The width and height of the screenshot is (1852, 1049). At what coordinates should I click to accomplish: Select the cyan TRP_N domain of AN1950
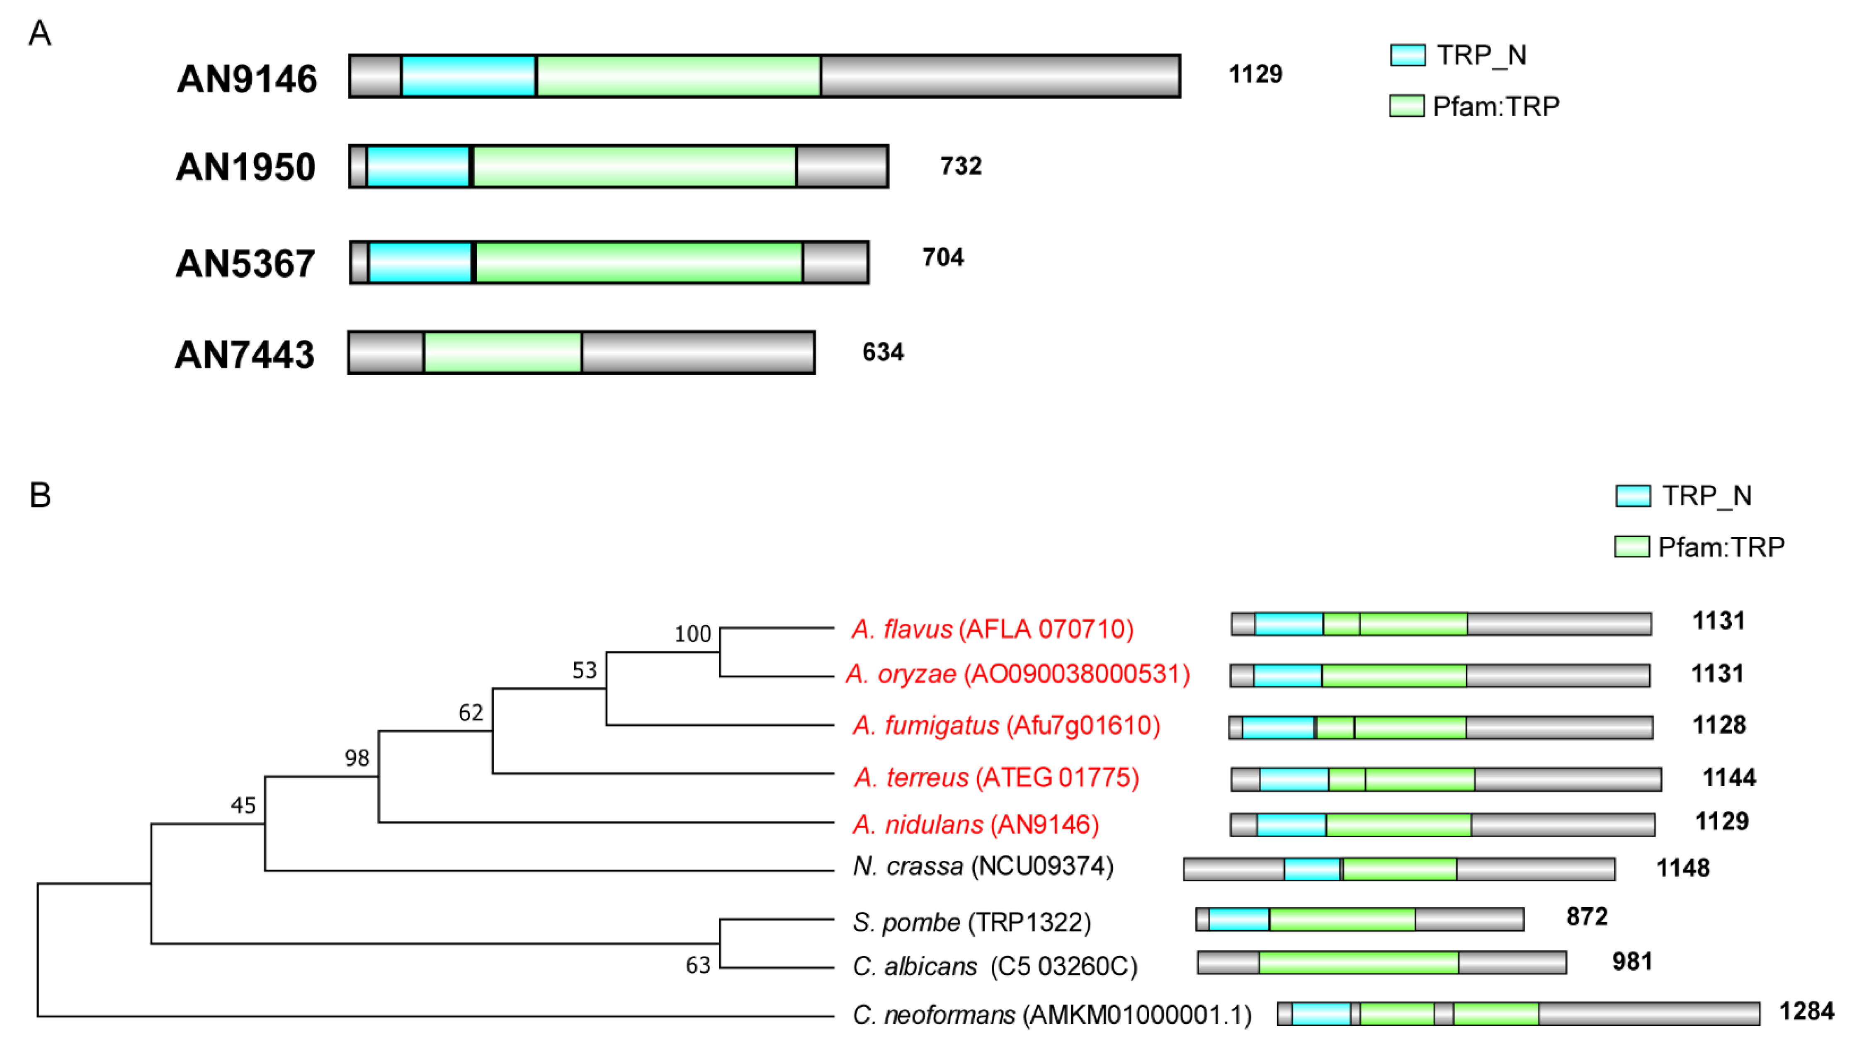tap(418, 167)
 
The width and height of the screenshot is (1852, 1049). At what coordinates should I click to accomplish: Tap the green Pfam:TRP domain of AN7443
tap(502, 352)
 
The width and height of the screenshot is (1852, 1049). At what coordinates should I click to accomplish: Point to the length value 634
tap(883, 352)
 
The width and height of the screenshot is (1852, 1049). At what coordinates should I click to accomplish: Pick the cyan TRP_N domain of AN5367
tap(420, 263)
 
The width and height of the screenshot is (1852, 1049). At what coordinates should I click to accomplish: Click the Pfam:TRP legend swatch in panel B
tap(1631, 547)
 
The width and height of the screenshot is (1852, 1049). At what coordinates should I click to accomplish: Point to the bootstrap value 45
tap(243, 805)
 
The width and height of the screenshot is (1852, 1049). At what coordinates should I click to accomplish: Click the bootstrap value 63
tap(698, 965)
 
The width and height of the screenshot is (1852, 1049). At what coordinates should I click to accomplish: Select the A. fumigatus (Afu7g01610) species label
tap(1006, 725)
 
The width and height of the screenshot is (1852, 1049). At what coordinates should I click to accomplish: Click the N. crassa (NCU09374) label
tap(982, 866)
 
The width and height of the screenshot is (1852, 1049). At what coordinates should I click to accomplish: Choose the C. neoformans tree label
tap(1051, 1015)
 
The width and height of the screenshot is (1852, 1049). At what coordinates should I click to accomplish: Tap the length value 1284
tap(1806, 1012)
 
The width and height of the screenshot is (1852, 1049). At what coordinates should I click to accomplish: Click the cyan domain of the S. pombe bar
tap(1239, 919)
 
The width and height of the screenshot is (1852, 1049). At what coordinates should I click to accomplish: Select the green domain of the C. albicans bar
tap(1358, 962)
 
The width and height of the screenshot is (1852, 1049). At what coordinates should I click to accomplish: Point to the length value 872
tap(1587, 916)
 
